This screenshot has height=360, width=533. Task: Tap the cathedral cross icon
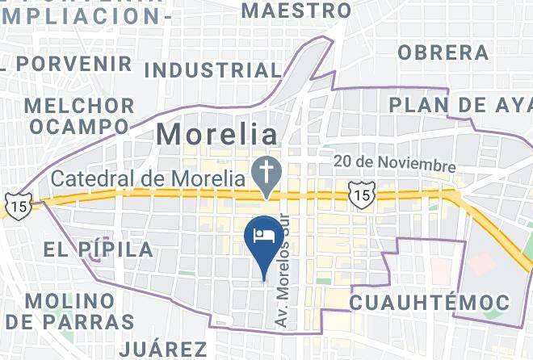pos(264,170)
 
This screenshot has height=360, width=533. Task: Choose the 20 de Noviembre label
pos(395,164)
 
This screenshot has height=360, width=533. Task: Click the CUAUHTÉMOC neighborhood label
pos(430,303)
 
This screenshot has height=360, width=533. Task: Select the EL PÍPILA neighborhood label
pos(98,249)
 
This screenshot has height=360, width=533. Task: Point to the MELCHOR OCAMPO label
pos(79,116)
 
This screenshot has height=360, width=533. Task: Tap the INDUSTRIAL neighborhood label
pos(211,70)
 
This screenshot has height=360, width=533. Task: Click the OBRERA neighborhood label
pos(443,52)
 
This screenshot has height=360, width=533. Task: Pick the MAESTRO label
pos(296,10)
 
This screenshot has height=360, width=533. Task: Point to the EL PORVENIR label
pos(73,63)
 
